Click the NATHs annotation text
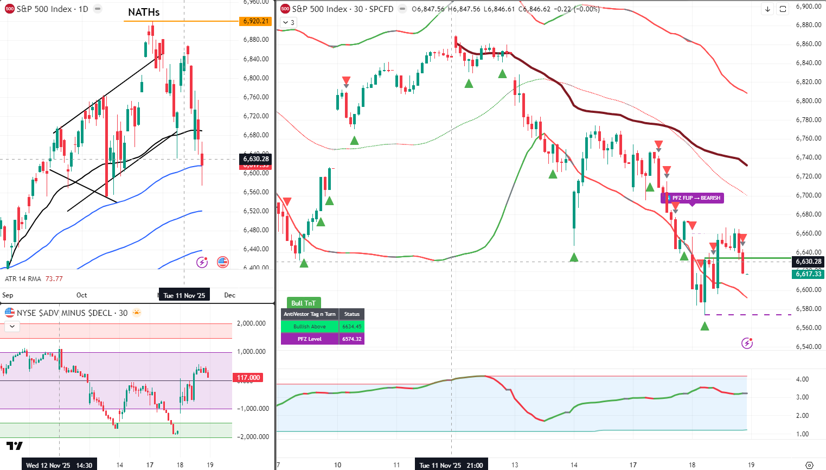[x=144, y=12]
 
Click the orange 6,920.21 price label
[x=255, y=21]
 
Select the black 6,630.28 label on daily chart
[x=256, y=159]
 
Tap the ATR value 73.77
[x=54, y=279]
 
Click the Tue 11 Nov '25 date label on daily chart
[x=184, y=295]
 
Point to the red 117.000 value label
[x=248, y=378]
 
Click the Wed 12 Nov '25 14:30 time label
[x=59, y=465]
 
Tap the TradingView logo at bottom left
[x=15, y=446]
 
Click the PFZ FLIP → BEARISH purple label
[x=693, y=198]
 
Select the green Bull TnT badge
[x=303, y=303]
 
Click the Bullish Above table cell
[x=310, y=327]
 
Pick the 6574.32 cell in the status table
[x=351, y=339]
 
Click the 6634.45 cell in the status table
[x=351, y=327]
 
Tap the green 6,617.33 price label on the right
[x=808, y=274]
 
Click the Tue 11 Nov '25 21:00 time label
[x=452, y=465]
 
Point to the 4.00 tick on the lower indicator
[x=803, y=379]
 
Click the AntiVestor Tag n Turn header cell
[x=310, y=314]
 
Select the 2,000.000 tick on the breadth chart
[x=252, y=323]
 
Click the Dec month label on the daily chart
[x=230, y=295]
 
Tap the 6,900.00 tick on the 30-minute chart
[x=808, y=7]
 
